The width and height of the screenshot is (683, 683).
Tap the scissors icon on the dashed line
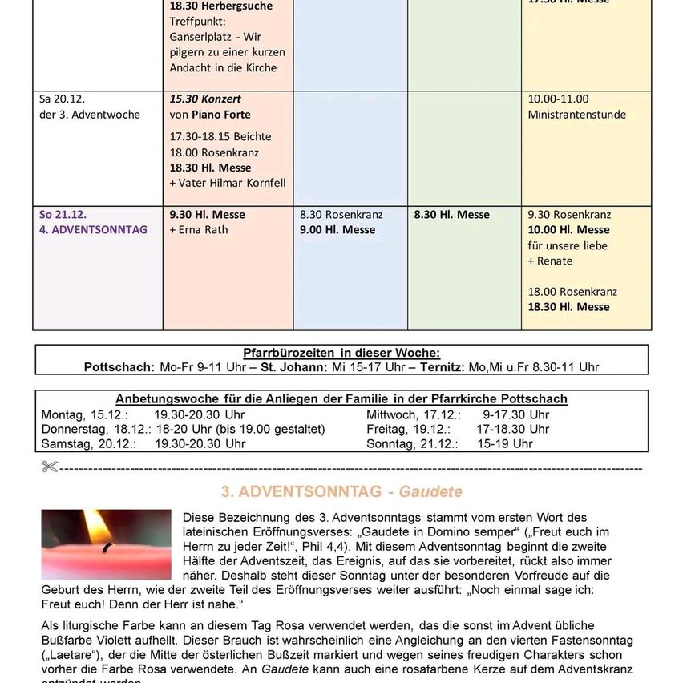point(50,467)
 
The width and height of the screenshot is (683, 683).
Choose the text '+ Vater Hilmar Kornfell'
point(228,183)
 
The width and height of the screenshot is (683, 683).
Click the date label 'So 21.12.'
point(63,215)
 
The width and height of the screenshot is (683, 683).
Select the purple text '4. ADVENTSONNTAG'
point(93,230)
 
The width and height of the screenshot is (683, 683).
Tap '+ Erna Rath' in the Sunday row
point(199,230)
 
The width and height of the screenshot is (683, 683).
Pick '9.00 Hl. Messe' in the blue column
point(337,230)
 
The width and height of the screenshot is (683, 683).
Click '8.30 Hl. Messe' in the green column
point(451,215)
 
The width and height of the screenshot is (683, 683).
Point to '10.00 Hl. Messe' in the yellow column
point(568,230)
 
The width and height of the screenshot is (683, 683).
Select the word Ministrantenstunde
point(576,115)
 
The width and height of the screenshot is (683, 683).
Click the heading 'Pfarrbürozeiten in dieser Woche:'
point(341,353)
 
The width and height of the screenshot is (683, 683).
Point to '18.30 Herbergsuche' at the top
point(220,6)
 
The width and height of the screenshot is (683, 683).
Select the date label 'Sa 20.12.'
point(62,99)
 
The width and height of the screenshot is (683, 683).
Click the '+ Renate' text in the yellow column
point(550,261)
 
